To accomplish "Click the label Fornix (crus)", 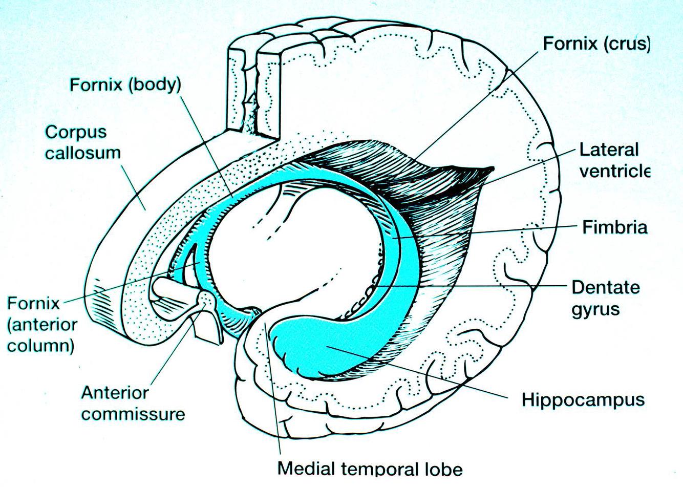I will coord(596,44).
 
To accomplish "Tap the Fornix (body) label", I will coord(125,84).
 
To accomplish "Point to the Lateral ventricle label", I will coord(614,160).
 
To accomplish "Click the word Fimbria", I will coord(615,227).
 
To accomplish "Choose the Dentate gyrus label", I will coord(606,298).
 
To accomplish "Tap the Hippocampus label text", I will coord(583,399).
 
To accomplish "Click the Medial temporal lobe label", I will coord(370,469).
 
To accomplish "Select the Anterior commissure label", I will coord(133,403).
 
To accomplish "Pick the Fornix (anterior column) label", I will coord(42,325).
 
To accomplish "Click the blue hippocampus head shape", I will coord(307,348).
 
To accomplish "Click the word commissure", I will coord(133,414).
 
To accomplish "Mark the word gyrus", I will coord(595,309).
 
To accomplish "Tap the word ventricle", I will coord(615,171).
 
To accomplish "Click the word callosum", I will coord(83,153).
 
